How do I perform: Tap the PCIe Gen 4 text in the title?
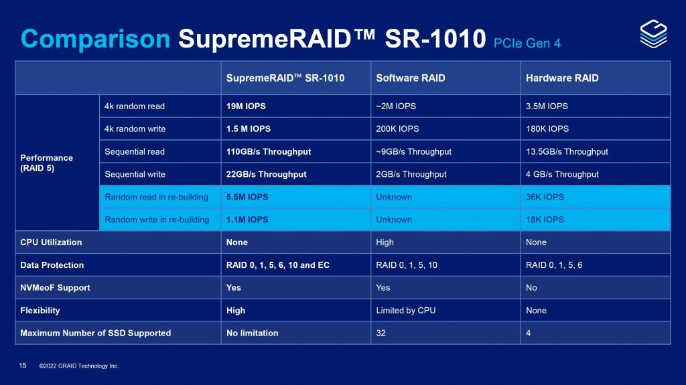tap(527, 43)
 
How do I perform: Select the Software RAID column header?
tap(411, 78)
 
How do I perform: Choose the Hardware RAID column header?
tap(563, 78)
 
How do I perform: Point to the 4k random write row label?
tap(135, 129)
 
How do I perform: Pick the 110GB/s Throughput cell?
tap(269, 151)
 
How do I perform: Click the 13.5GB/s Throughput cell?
tap(567, 151)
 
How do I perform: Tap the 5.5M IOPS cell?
tap(247, 197)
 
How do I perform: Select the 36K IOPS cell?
tap(545, 197)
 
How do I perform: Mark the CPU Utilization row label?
tap(51, 242)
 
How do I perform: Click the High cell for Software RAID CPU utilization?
tap(385, 242)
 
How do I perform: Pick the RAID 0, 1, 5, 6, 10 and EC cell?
tap(278, 265)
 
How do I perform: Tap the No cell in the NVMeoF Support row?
tap(532, 288)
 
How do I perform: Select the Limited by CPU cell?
tap(405, 311)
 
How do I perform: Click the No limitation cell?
tap(253, 333)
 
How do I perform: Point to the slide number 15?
tap(23, 366)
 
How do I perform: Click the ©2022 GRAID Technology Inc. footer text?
tap(79, 366)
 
